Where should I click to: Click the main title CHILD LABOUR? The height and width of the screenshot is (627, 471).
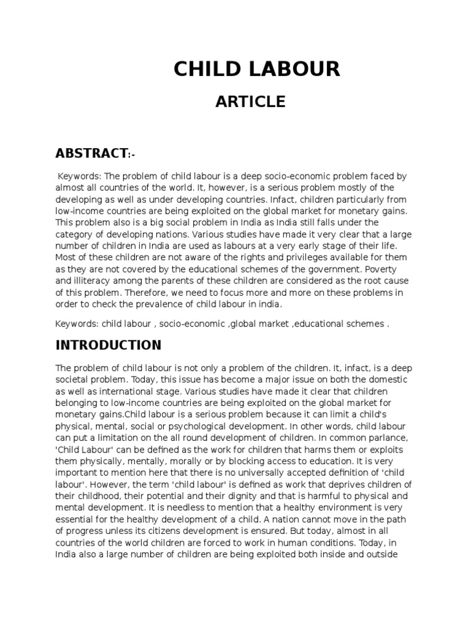pyautogui.click(x=256, y=69)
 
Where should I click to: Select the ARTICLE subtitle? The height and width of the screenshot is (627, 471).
pyautogui.click(x=250, y=102)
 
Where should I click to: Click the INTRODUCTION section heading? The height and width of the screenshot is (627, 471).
pyautogui.click(x=109, y=345)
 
